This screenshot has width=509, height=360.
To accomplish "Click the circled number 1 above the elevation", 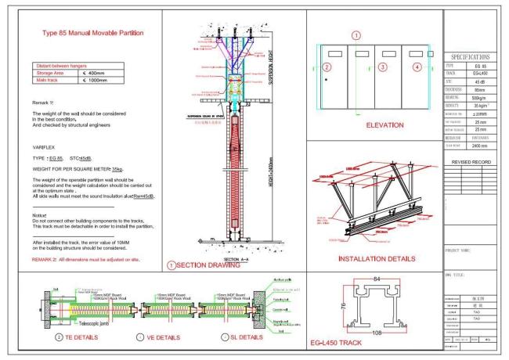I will pyautogui.click(x=356, y=35).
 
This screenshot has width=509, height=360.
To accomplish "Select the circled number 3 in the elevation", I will pyautogui.click(x=382, y=67).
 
